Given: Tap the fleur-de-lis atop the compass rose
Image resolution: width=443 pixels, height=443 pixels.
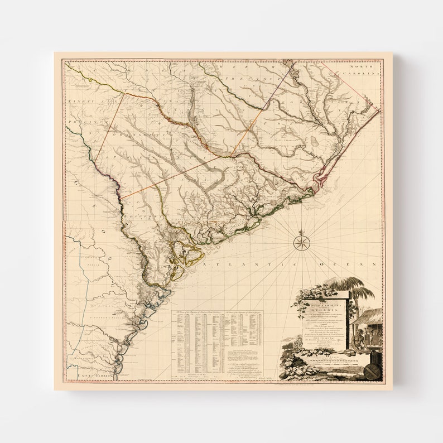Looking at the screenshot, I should pyautogui.click(x=302, y=231).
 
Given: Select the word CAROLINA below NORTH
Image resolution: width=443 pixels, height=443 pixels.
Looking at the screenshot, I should pyautogui.click(x=361, y=73).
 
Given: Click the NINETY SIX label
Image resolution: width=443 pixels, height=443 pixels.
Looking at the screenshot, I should pyautogui.click(x=81, y=102).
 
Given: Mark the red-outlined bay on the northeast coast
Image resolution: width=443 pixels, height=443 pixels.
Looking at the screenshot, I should pyautogui.click(x=321, y=179).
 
